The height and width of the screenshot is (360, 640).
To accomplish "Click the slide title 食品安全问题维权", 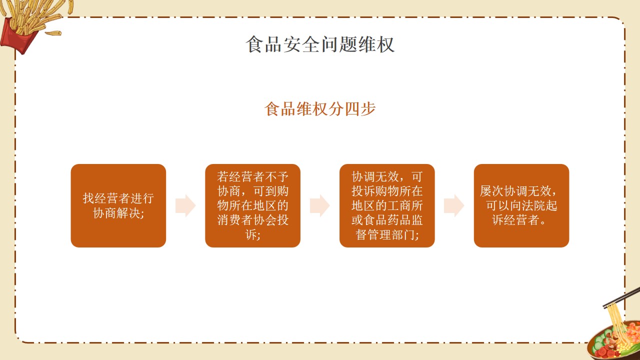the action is point(320,44).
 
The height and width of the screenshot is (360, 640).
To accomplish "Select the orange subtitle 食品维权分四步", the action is point(320,109).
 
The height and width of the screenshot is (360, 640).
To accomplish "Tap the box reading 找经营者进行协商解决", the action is point(118,205).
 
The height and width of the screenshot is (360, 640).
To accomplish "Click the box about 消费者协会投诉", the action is point(252,205).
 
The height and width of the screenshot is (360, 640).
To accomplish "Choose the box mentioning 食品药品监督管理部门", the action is point(387,205).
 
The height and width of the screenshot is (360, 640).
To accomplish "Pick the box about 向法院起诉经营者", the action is point(521,205).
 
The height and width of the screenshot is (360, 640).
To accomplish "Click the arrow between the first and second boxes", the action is point(185,205).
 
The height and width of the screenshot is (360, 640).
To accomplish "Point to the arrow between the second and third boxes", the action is point(320,205).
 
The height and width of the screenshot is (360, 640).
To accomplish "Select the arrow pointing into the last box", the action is point(454,205).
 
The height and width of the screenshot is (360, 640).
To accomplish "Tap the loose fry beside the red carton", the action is point(53,33).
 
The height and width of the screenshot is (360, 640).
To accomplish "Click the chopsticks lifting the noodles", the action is point(621,297).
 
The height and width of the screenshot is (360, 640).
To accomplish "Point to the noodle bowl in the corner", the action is point(614,341).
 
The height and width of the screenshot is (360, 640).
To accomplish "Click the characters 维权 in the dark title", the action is point(376,44).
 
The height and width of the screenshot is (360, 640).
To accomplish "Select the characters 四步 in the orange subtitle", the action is point(360,109).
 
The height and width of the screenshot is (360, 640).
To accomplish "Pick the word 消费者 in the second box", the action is point(235,220).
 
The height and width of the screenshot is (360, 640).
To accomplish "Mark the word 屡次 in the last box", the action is point(491,191).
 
